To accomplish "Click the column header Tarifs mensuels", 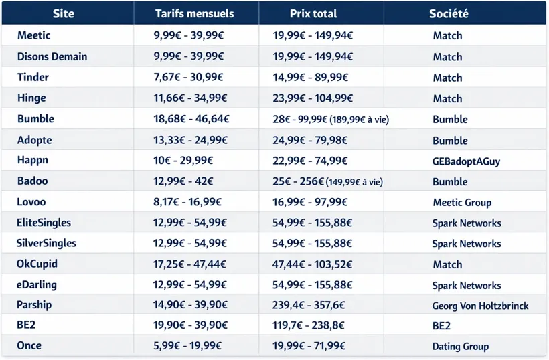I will click(194, 13).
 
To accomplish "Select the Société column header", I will click(449, 13).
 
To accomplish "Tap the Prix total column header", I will click(313, 13).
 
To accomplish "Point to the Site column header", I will click(64, 13).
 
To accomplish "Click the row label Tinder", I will click(33, 77).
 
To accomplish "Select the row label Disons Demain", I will click(52, 56).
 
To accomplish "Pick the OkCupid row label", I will click(37, 264).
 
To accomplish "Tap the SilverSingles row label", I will click(47, 243).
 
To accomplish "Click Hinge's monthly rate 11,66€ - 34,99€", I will click(191, 98).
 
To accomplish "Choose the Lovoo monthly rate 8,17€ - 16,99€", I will click(187, 202).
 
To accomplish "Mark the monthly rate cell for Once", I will click(187, 346).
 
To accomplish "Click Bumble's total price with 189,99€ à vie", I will click(331, 119).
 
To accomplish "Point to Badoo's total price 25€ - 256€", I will click(327, 181).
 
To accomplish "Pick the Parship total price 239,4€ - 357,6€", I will click(309, 305).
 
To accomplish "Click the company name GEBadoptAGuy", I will click(466, 161).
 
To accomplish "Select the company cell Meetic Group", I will click(462, 202).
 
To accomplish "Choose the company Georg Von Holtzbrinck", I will click(480, 306).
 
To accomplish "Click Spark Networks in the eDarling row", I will click(466, 285).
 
